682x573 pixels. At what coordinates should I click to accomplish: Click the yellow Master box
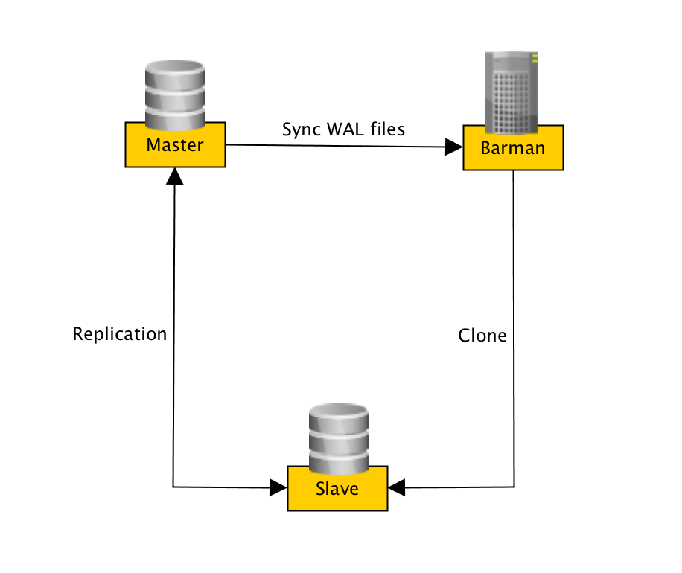tap(174, 145)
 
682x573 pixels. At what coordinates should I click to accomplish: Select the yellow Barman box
tap(512, 148)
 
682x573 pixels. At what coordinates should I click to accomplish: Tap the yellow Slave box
tap(337, 489)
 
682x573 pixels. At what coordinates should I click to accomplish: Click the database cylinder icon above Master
tap(174, 95)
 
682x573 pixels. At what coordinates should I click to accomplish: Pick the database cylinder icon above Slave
tap(338, 439)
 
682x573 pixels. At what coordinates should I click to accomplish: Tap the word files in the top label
tap(388, 129)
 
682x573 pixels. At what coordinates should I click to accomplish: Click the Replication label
tap(119, 334)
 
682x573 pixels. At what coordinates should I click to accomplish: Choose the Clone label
tap(482, 336)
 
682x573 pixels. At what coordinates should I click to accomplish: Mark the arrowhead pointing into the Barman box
tap(453, 147)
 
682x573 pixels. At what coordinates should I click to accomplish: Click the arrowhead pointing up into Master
tap(174, 176)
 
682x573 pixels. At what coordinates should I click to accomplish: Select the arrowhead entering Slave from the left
tap(279, 488)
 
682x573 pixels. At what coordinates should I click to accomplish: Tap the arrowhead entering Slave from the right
tap(396, 488)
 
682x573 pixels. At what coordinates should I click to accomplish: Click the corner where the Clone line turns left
tap(514, 488)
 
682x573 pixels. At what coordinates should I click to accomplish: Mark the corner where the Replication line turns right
tap(173, 487)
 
